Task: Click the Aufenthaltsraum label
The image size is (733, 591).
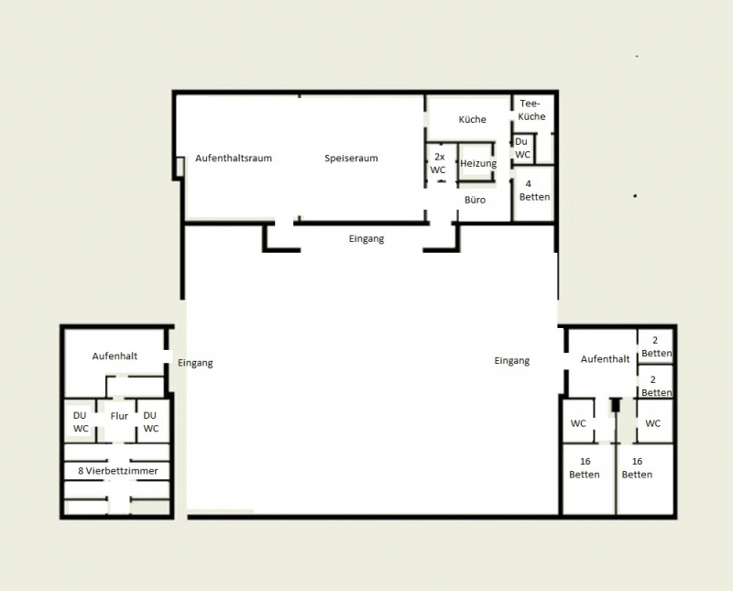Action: (233, 159)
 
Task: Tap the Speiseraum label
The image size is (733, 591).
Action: (351, 159)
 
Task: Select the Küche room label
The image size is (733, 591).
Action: (472, 120)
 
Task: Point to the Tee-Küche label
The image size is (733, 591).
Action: (532, 110)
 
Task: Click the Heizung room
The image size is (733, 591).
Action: (477, 163)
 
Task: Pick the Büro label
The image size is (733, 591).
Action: (475, 199)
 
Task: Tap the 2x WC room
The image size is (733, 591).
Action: (439, 163)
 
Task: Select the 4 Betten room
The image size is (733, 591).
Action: (534, 191)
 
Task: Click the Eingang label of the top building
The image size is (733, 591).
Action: (366, 239)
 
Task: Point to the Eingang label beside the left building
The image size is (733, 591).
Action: (195, 363)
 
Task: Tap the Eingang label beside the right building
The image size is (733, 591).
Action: (511, 361)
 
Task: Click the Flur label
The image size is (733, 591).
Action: (119, 416)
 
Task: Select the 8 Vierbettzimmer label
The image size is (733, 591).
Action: (117, 471)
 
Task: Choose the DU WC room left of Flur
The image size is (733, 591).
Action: (81, 421)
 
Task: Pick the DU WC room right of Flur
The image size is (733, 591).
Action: (151, 421)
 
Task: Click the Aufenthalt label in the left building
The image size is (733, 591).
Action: (115, 356)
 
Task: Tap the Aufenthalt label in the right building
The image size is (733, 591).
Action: (605, 359)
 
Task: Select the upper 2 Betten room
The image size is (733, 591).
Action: (656, 346)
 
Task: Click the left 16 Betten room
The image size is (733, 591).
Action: (585, 468)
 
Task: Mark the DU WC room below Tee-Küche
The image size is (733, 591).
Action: (522, 148)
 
